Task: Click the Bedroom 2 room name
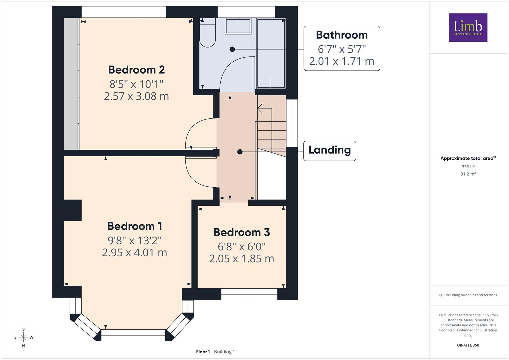tap(136, 70)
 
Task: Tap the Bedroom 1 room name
tap(135, 226)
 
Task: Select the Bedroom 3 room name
tap(242, 232)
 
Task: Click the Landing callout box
tap(330, 151)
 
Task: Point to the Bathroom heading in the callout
tap(342, 35)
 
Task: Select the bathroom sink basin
tap(238, 26)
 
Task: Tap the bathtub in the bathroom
tap(271, 53)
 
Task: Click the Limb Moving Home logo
tap(468, 27)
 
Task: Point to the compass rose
tap(23, 337)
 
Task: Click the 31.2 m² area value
tap(468, 174)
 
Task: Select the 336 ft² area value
tap(468, 167)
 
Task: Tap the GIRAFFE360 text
tap(468, 345)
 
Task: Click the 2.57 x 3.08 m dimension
tap(136, 96)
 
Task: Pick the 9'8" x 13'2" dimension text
tap(135, 241)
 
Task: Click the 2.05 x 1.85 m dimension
tap(242, 259)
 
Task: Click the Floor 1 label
tap(203, 352)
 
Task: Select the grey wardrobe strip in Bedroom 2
tap(71, 84)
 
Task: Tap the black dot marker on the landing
tap(240, 152)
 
